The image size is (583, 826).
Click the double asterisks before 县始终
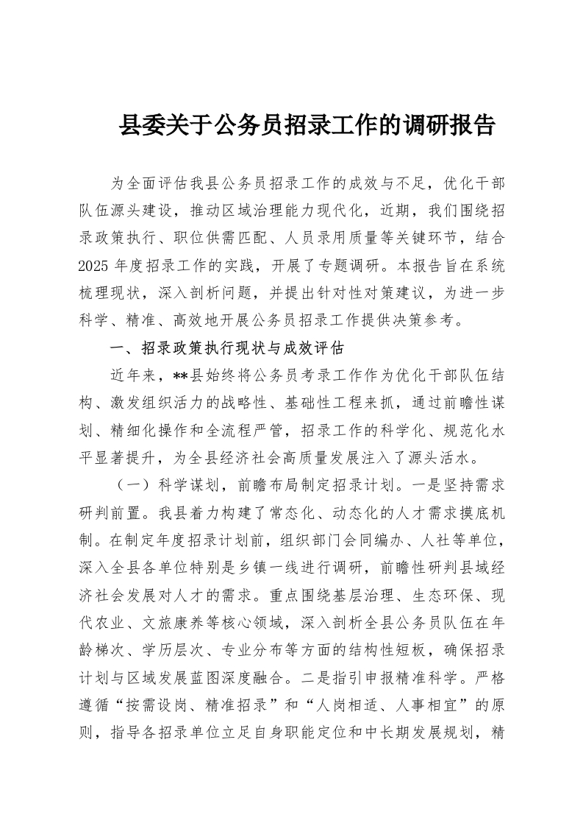click(181, 375)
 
